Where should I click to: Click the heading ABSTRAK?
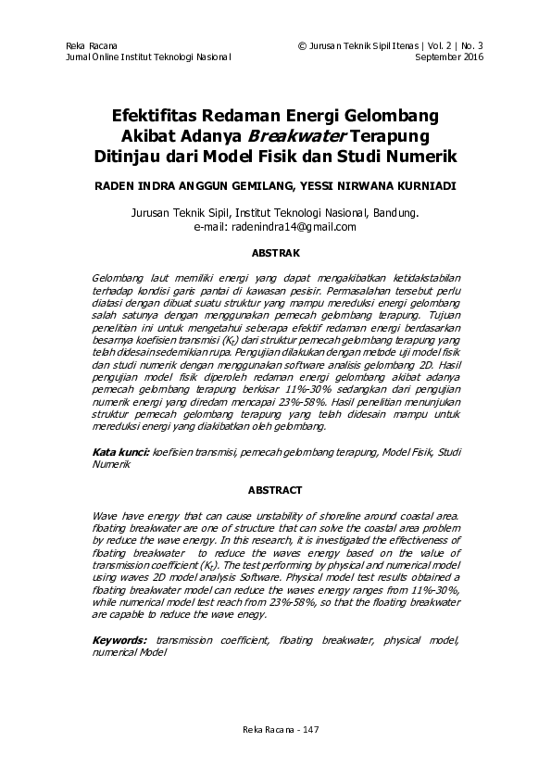coord(275,251)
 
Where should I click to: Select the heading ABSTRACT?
coord(275,489)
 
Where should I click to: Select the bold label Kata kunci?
coord(121,451)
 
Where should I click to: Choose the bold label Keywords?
coord(119,640)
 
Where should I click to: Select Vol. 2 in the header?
coord(442,44)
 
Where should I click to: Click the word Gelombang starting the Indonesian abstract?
coord(120,278)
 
